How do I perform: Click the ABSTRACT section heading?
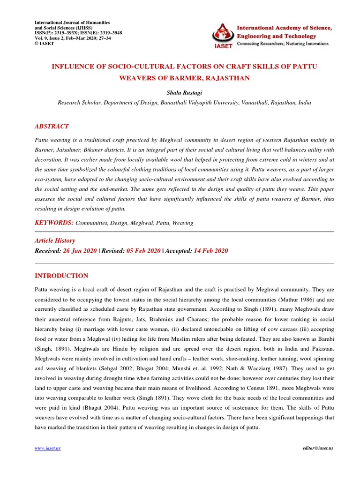(x=52, y=126)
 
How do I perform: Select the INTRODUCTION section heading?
(x=61, y=276)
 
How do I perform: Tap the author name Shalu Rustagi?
(x=184, y=93)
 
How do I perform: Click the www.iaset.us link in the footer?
(x=48, y=448)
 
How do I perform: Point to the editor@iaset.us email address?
(x=318, y=448)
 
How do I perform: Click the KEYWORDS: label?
(x=54, y=223)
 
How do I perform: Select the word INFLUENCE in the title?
(x=75, y=67)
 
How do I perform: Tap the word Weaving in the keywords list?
(x=183, y=223)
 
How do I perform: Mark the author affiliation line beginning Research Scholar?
(x=184, y=102)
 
